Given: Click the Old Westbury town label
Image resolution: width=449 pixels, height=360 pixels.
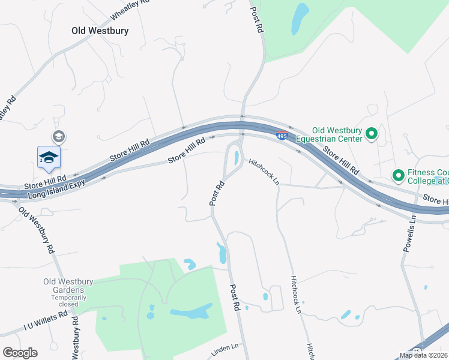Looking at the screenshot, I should [100, 30].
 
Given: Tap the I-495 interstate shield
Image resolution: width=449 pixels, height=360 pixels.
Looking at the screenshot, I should [282, 136].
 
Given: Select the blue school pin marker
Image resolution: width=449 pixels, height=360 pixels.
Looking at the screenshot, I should [49, 157].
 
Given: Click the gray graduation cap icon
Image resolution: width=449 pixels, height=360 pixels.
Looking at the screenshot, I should [58, 137].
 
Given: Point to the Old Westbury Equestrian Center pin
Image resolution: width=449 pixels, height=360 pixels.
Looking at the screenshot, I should [371, 134].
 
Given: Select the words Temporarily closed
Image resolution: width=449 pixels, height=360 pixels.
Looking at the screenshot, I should [64, 301].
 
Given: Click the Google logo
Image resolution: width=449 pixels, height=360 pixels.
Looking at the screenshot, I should [20, 353].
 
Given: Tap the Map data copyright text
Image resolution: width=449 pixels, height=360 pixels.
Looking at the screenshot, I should [423, 355].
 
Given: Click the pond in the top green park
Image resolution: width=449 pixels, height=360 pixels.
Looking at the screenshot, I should [299, 19].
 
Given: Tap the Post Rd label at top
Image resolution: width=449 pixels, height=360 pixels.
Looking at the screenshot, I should [258, 19].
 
